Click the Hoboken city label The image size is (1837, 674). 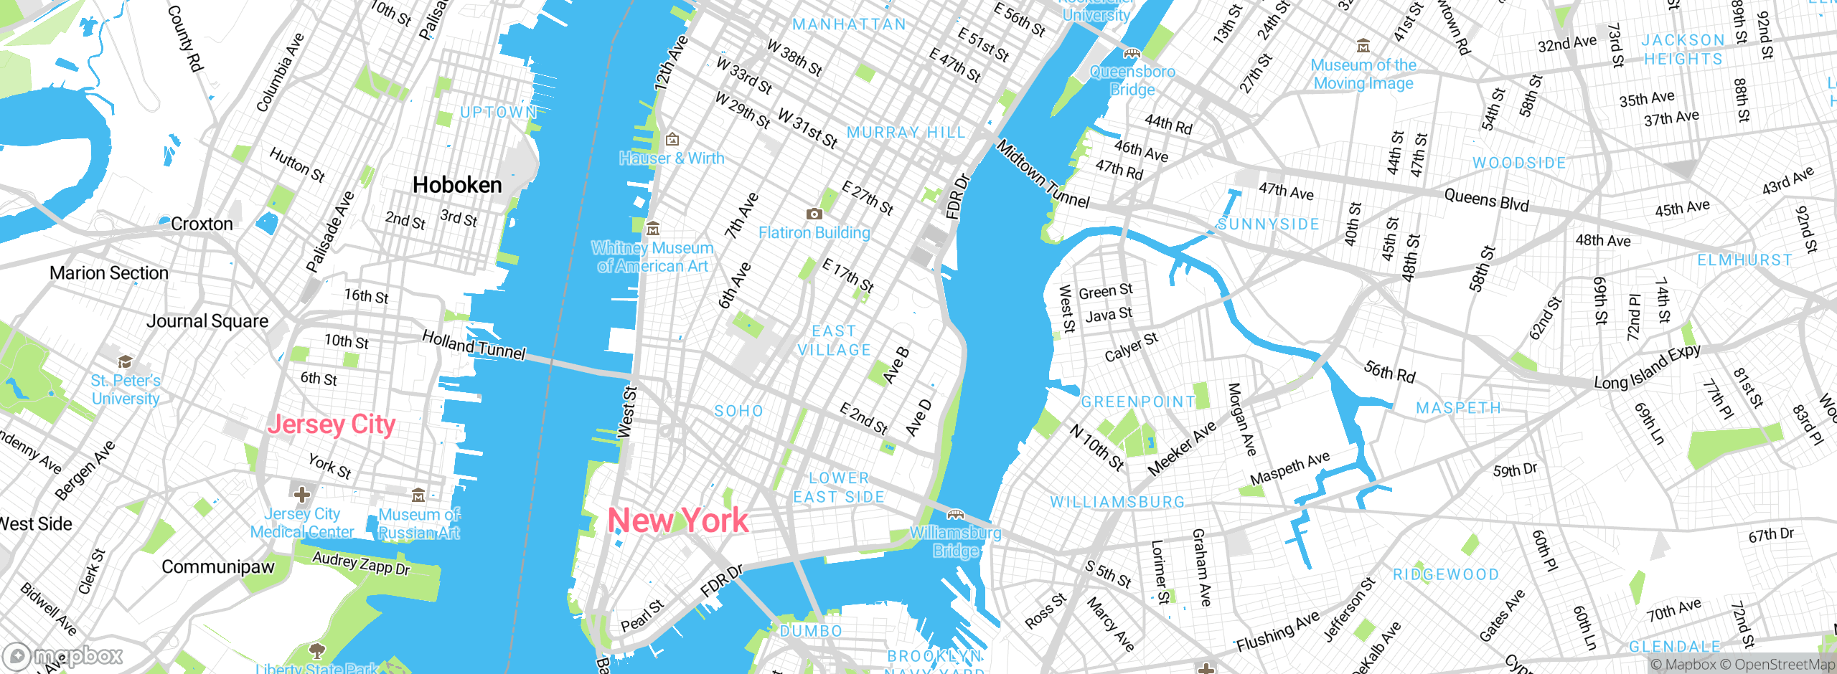[457, 185]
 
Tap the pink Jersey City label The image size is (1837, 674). [332, 424]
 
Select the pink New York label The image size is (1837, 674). [678, 521]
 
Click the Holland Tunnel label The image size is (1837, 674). [474, 345]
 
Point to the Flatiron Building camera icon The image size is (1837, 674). [814, 214]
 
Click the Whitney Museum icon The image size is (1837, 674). [652, 229]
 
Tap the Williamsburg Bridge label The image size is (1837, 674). [955, 541]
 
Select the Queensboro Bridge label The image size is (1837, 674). [1132, 80]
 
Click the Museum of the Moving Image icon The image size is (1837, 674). [1363, 47]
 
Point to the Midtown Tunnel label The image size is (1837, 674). [1043, 174]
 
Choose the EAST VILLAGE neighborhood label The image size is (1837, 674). [834, 341]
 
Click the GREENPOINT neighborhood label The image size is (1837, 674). [1138, 402]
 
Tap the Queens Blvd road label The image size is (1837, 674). [1486, 199]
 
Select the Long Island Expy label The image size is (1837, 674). [1647, 366]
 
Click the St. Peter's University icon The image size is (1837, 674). [126, 361]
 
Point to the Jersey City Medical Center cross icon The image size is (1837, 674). [302, 494]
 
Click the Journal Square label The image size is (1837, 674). [207, 321]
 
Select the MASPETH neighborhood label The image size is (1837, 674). [1458, 408]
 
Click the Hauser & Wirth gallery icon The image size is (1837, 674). [672, 139]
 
